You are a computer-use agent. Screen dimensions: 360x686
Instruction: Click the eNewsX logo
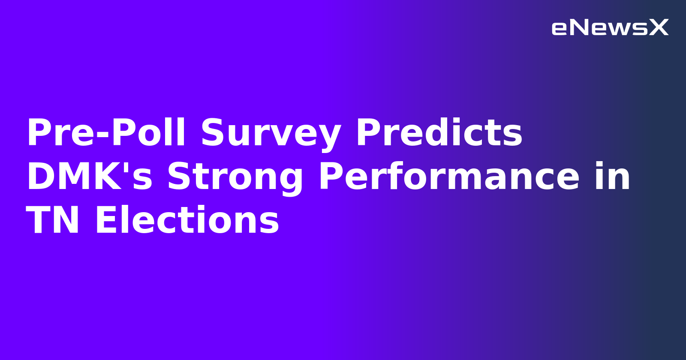coord(610,28)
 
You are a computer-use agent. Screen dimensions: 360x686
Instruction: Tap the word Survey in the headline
coord(271,133)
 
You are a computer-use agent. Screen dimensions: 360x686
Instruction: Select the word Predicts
coord(439,133)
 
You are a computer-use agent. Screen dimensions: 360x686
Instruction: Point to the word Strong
coord(235,177)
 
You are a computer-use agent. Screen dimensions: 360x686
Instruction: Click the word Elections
coord(187,220)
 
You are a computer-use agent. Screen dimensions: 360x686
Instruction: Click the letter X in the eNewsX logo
coord(659,28)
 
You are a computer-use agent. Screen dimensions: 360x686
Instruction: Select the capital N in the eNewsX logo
coord(580,28)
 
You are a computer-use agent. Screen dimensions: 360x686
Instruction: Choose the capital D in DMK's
coord(41,177)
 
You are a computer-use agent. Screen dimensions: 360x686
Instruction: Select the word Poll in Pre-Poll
coord(148,133)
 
